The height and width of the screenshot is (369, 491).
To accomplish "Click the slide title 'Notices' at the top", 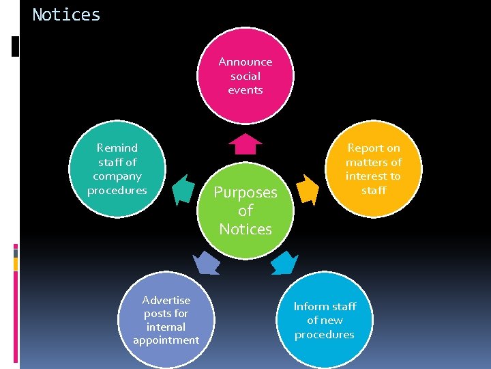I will tap(66, 14).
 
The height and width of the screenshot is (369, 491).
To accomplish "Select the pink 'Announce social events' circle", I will tap(245, 76).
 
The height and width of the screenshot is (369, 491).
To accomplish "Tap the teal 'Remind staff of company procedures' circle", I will tap(117, 169).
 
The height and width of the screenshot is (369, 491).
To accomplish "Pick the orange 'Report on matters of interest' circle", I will tap(374, 169).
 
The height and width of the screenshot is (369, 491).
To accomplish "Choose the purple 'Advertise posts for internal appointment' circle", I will tap(166, 320).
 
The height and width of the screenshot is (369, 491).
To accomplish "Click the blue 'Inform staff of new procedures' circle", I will tap(325, 320).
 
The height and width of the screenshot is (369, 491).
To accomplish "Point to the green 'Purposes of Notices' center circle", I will tap(245, 210).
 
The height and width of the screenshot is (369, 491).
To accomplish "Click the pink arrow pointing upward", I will tap(245, 144).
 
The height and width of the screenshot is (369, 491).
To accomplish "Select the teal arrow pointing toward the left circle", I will tap(183, 189).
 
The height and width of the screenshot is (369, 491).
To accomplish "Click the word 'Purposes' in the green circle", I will tap(245, 193).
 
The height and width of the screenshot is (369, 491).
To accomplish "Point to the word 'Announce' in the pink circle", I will tap(245, 61).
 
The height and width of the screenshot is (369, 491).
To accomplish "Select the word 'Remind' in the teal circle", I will tap(117, 148).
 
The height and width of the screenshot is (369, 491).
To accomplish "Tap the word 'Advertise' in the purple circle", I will tap(166, 300).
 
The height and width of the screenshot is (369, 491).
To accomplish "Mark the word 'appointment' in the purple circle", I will tap(166, 340).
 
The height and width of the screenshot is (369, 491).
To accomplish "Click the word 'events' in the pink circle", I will tap(245, 90).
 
